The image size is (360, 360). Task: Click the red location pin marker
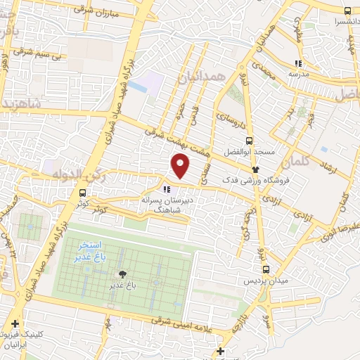coord(181,166)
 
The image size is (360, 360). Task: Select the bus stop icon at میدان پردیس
coord(266,269)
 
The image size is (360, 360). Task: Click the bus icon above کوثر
coord(84,193)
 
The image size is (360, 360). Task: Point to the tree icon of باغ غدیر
coord(124,275)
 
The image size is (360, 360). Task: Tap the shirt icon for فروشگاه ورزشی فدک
coord(256,169)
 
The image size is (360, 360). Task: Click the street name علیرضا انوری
coord(337,217)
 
